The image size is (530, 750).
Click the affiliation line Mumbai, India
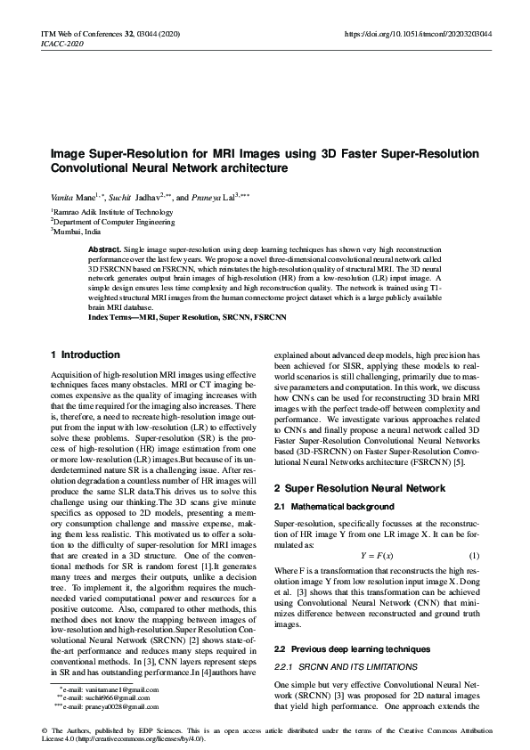click(76, 230)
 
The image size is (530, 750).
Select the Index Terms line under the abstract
click(175, 317)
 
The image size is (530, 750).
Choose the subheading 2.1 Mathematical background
click(334, 506)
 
